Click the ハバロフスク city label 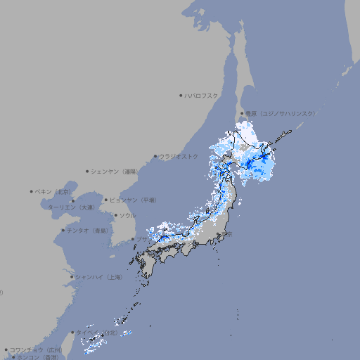click(202, 95)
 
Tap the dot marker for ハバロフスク click(181, 95)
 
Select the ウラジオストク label click(179, 156)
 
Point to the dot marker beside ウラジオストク click(155, 156)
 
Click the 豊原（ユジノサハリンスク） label click(281, 113)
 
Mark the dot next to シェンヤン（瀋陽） click(88, 171)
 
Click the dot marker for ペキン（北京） click(32, 191)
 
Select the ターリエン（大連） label click(71, 207)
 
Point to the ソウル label click(127, 215)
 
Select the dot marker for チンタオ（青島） click(63, 230)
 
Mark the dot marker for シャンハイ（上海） click(72, 277)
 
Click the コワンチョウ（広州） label click(36, 349)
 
